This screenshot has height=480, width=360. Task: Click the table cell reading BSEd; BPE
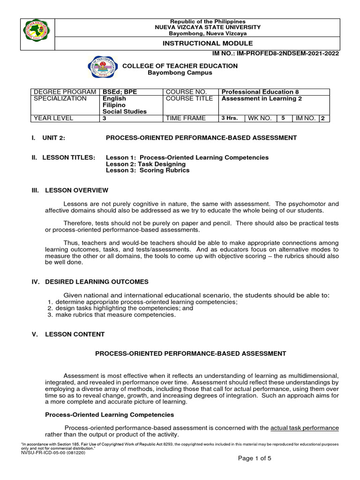(120, 92)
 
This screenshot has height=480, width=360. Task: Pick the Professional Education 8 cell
(260, 92)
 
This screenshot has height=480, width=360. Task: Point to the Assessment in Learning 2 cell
(259, 99)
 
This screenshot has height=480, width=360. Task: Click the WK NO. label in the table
(260, 118)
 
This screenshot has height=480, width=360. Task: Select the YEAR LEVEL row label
(53, 118)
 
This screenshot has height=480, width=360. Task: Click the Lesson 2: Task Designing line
(146, 164)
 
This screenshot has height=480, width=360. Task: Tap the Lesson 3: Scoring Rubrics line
(148, 171)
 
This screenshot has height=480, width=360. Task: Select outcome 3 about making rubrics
(115, 315)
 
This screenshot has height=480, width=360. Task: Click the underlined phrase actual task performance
(305, 428)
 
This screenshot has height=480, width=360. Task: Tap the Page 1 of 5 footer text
(255, 458)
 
